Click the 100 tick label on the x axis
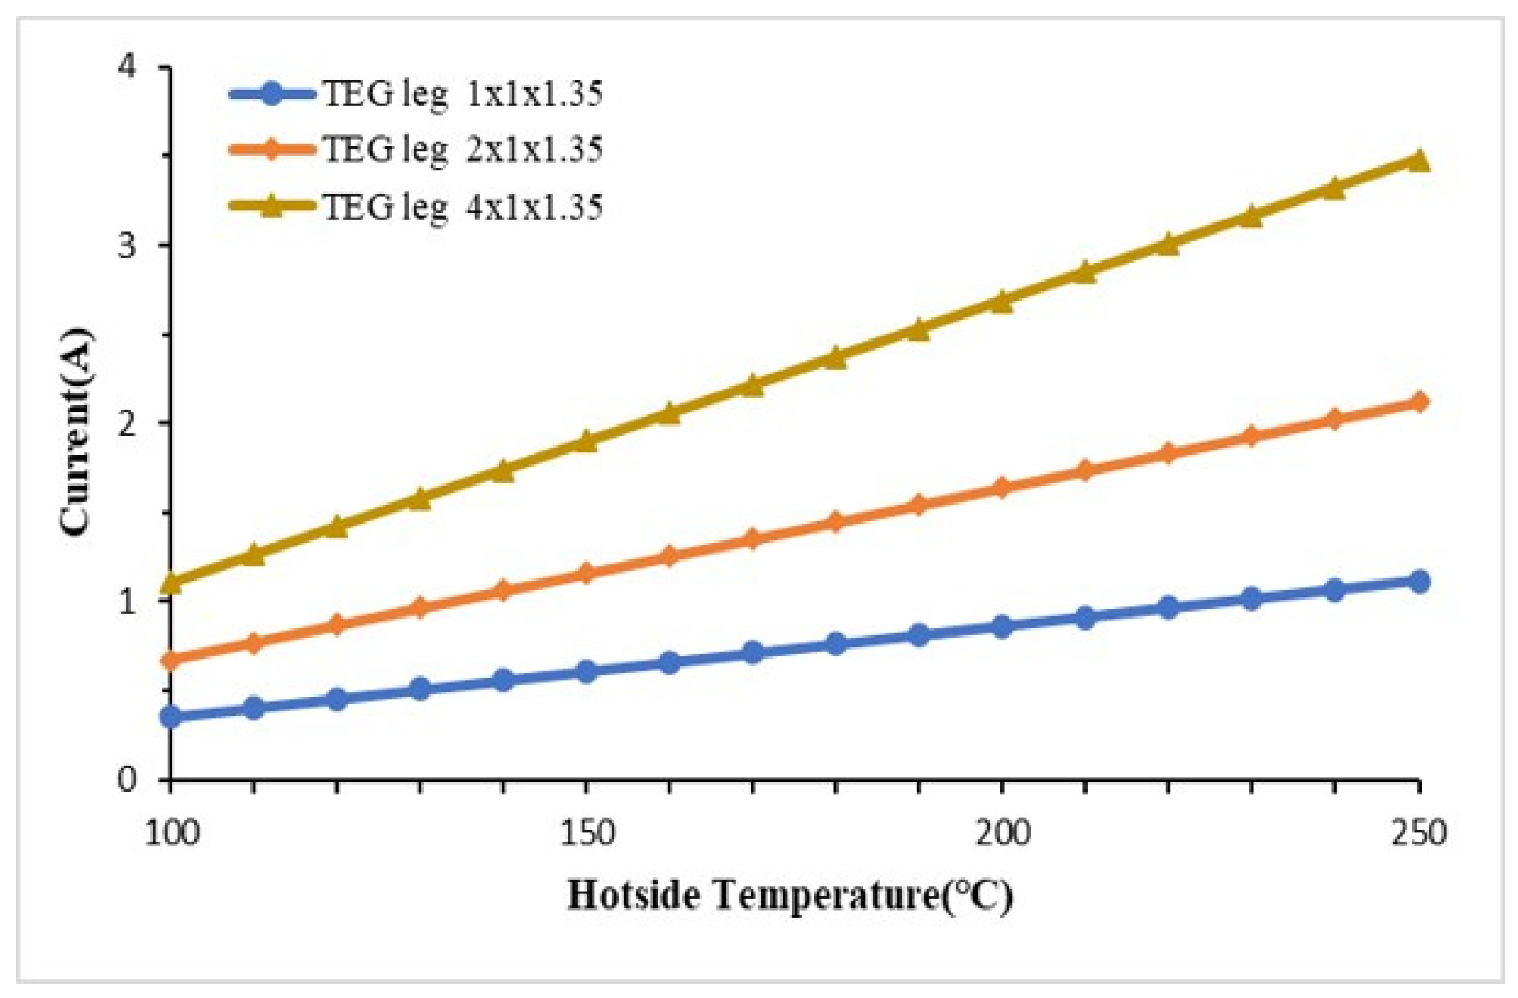coord(172,833)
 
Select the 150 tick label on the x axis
coord(587,833)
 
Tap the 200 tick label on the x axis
coord(1003,833)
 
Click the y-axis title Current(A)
coord(76,433)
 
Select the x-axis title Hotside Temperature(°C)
coord(789,896)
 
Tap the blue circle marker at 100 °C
coord(172,716)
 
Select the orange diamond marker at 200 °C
coord(1003,487)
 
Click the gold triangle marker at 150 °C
coord(587,442)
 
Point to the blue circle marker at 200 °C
coord(1003,627)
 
